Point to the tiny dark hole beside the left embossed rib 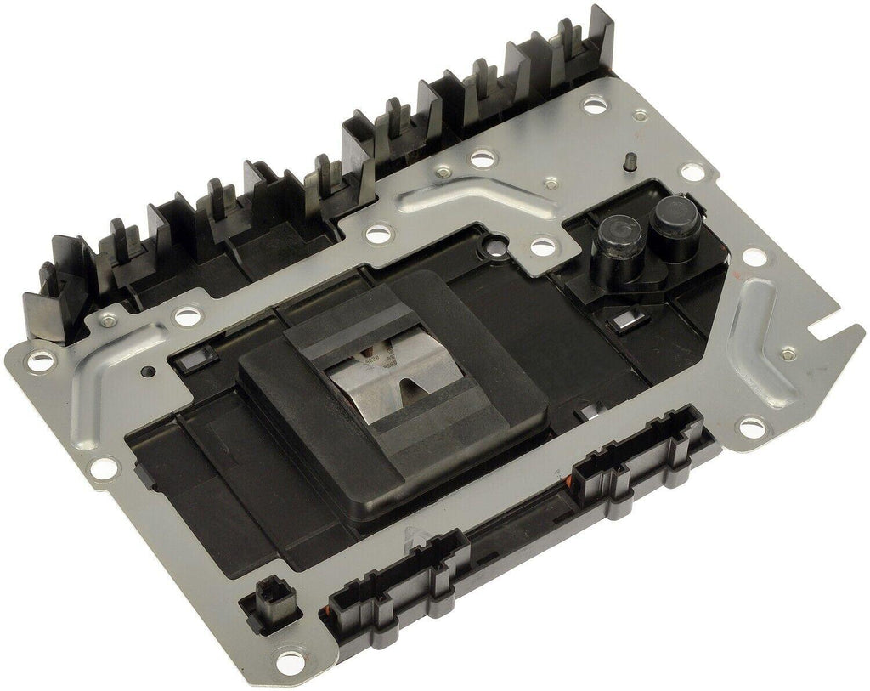pyautogui.click(x=150, y=371)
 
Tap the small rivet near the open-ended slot pyautogui.click(x=787, y=352)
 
